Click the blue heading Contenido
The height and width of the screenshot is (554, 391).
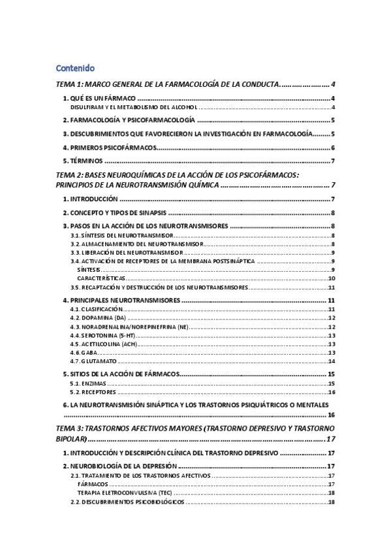(x=76, y=67)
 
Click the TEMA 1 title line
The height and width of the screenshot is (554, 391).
(x=166, y=85)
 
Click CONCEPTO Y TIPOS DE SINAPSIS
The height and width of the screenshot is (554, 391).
(x=115, y=213)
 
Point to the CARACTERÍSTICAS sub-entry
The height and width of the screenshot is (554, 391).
(x=101, y=278)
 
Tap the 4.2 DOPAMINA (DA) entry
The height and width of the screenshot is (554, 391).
(x=98, y=318)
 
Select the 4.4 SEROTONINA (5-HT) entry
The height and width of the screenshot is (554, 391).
(x=102, y=335)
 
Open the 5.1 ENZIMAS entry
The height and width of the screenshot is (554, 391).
(x=88, y=383)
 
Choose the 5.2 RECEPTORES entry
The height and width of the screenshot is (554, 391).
(x=93, y=393)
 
